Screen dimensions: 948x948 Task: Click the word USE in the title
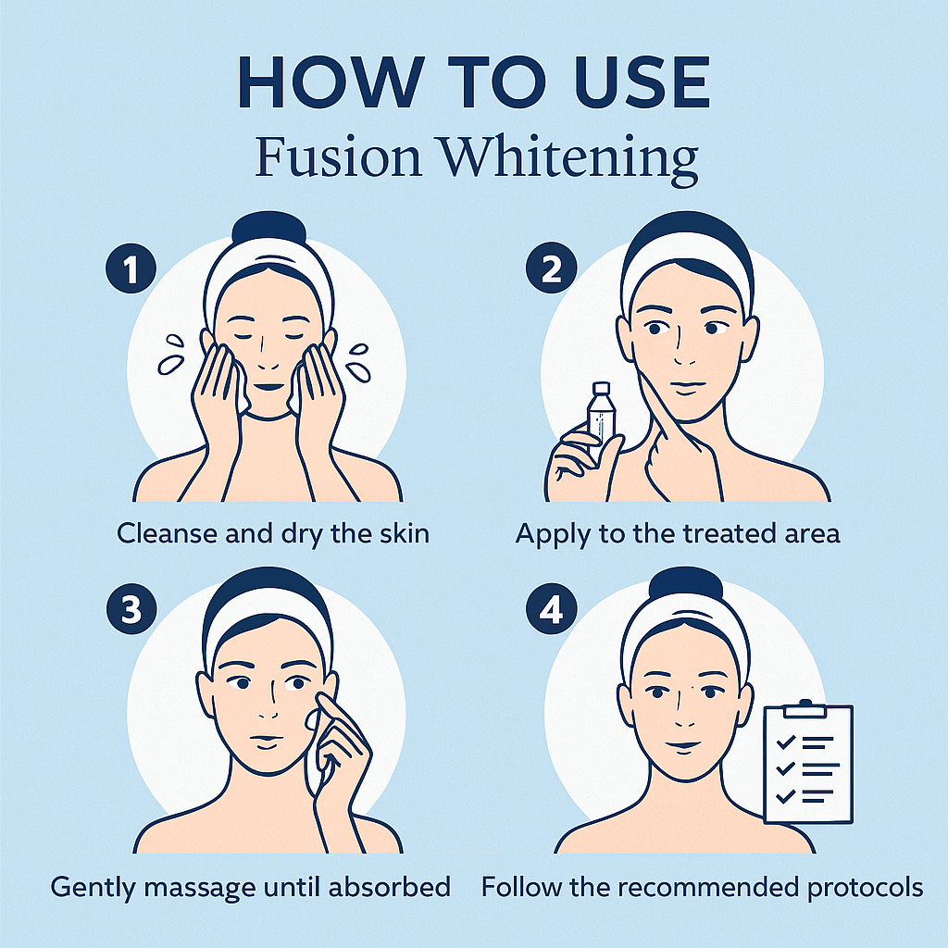pyautogui.click(x=645, y=81)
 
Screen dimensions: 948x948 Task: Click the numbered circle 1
pyautogui.click(x=131, y=268)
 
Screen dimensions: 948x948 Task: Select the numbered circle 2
pyautogui.click(x=551, y=268)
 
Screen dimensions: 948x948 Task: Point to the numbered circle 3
pyautogui.click(x=131, y=608)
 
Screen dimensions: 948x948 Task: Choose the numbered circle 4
pyautogui.click(x=551, y=608)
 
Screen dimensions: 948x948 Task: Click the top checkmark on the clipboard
pyautogui.click(x=785, y=742)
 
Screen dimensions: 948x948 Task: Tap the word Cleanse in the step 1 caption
pyautogui.click(x=167, y=534)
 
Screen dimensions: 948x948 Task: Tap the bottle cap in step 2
pyautogui.click(x=601, y=388)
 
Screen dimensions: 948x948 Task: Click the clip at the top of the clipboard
pyautogui.click(x=805, y=708)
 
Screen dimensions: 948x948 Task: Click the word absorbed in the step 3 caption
pyautogui.click(x=390, y=887)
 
